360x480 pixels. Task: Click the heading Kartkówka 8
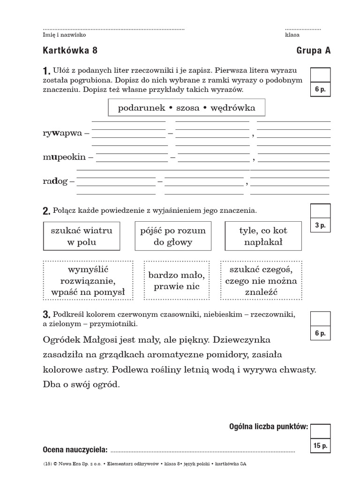tap(70, 51)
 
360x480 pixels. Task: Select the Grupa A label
tap(313, 51)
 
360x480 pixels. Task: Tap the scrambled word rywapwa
tap(62, 133)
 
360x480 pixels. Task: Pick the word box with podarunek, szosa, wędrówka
tap(187, 108)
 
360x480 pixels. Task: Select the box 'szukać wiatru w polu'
tap(82, 236)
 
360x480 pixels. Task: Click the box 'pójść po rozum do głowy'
tap(173, 236)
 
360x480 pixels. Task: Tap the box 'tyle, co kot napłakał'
tap(263, 236)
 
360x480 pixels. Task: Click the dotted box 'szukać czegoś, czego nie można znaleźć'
tap(261, 280)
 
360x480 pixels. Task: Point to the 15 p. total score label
tap(321, 446)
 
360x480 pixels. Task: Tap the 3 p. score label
tap(320, 225)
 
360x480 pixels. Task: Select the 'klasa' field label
tap(292, 35)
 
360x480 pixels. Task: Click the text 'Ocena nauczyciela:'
tap(75, 450)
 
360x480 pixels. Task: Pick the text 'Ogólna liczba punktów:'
tap(269, 426)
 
